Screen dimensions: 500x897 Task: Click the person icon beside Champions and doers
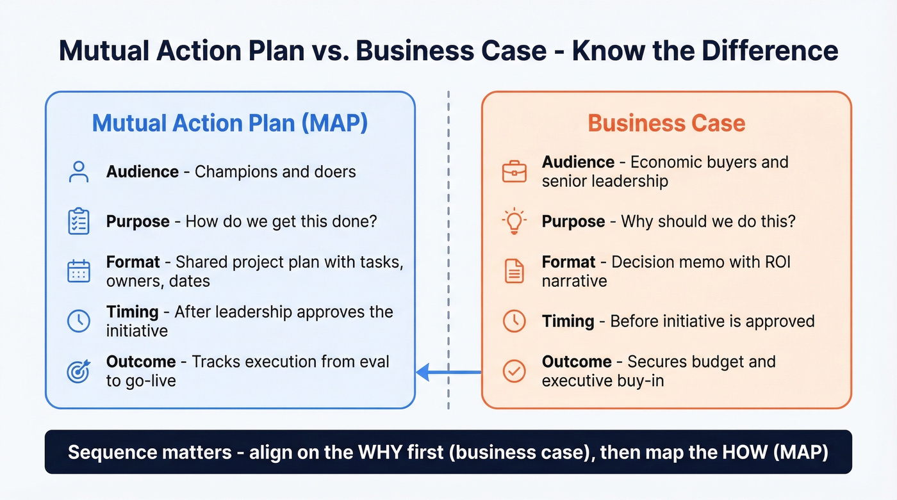pyautogui.click(x=79, y=172)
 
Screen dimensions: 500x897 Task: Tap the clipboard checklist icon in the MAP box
pyautogui.click(x=79, y=222)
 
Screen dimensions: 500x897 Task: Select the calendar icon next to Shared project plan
pyautogui.click(x=79, y=271)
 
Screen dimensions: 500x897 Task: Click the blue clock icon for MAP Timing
pyautogui.click(x=79, y=321)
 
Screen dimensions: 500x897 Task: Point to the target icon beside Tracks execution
pyautogui.click(x=79, y=371)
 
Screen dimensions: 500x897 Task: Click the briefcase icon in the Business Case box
pyautogui.click(x=514, y=172)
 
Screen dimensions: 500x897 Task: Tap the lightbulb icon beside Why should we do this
pyautogui.click(x=514, y=222)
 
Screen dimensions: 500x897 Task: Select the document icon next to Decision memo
pyautogui.click(x=514, y=271)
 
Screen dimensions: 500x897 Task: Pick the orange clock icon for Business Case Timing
pyautogui.click(x=514, y=321)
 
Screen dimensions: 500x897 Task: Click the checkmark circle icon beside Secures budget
pyautogui.click(x=514, y=371)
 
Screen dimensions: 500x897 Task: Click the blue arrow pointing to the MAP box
pyautogui.click(x=448, y=371)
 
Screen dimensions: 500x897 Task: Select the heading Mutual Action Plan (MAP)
pyautogui.click(x=230, y=123)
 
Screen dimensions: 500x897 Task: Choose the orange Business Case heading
pyautogui.click(x=666, y=123)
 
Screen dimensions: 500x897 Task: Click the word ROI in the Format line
pyautogui.click(x=776, y=262)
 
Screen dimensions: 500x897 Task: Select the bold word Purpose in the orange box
pyautogui.click(x=573, y=222)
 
